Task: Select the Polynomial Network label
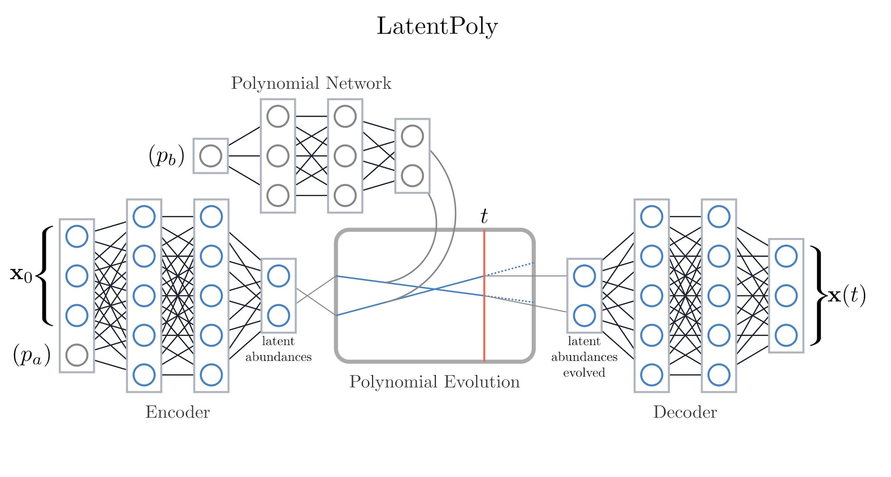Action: [x=311, y=83]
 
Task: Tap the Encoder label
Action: [x=177, y=412]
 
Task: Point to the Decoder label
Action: [x=685, y=412]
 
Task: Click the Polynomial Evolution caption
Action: [x=434, y=382]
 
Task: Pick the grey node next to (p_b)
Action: [x=210, y=156]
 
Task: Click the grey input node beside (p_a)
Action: [x=77, y=355]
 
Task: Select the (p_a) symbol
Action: [x=32, y=355]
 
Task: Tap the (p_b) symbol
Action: [x=166, y=156]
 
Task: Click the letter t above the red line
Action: [x=483, y=216]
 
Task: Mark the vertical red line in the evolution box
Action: [x=484, y=327]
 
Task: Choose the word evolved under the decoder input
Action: [x=584, y=372]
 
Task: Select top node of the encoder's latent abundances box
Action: [x=278, y=276]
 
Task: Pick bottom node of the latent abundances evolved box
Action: [x=584, y=316]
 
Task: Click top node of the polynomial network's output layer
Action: [x=412, y=136]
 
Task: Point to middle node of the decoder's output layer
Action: [x=786, y=296]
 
